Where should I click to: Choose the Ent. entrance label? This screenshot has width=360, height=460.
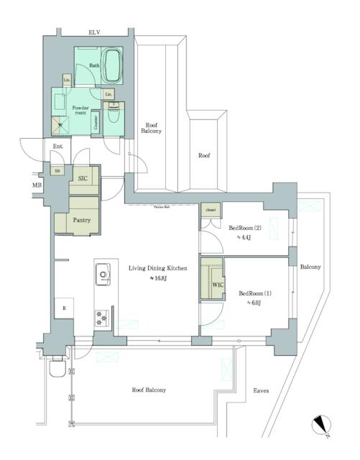58,147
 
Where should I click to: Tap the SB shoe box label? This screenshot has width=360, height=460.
57,171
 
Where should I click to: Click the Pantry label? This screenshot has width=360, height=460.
81,220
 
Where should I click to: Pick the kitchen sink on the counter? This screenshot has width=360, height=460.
102,274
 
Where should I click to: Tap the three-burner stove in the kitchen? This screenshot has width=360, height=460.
102,316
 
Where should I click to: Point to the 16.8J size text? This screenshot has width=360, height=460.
157,279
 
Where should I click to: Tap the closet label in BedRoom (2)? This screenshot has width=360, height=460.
210,209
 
